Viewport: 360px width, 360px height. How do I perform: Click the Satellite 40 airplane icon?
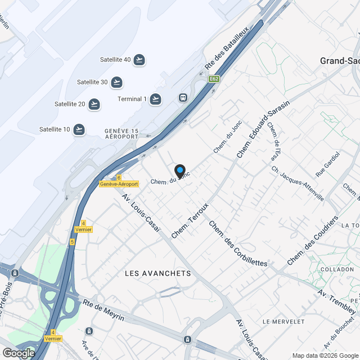139,60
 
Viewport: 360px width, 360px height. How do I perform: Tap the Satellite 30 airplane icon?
116,82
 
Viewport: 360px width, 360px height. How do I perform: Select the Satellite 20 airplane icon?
94,104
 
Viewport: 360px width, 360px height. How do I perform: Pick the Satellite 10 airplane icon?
79,129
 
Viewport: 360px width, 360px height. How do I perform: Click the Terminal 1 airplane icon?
155,99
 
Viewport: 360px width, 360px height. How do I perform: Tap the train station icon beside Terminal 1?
183,97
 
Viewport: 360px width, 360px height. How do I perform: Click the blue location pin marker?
180,170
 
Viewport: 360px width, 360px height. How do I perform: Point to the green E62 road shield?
214,79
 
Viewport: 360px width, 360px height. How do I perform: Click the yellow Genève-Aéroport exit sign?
119,184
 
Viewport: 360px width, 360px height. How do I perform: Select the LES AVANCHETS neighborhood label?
157,273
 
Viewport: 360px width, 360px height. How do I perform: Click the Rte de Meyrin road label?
104,310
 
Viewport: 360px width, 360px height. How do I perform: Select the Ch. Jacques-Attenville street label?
298,183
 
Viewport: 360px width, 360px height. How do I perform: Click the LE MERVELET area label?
283,321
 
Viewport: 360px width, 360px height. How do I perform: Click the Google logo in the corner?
18,353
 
